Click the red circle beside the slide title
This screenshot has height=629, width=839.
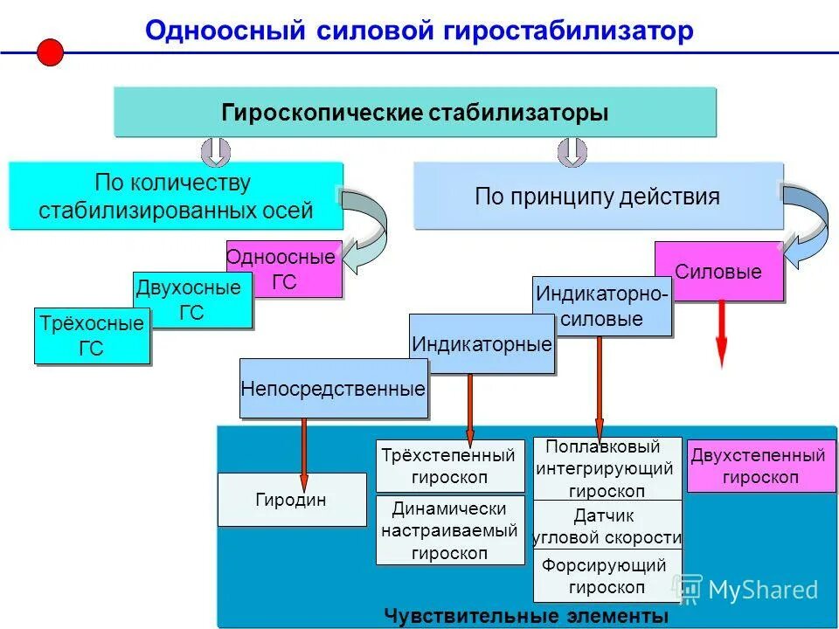tap(51, 52)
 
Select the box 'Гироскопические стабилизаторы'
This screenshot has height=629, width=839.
tap(415, 113)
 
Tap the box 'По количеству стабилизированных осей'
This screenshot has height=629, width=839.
tap(175, 197)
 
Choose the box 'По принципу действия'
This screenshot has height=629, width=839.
tap(598, 197)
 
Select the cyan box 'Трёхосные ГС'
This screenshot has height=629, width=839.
tap(91, 336)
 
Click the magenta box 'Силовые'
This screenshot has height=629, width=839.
tap(718, 272)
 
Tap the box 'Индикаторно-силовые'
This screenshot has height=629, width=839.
tap(602, 307)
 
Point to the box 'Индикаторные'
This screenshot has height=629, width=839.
tap(482, 344)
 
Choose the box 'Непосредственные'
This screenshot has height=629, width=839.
tap(334, 389)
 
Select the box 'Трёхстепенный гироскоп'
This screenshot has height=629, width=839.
tap(449, 467)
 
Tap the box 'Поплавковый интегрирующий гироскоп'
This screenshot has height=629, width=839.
tap(607, 468)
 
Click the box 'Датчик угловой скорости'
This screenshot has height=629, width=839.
tap(607, 526)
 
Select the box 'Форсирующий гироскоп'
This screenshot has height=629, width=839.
tap(607, 576)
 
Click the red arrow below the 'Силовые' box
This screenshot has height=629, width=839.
tap(722, 336)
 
